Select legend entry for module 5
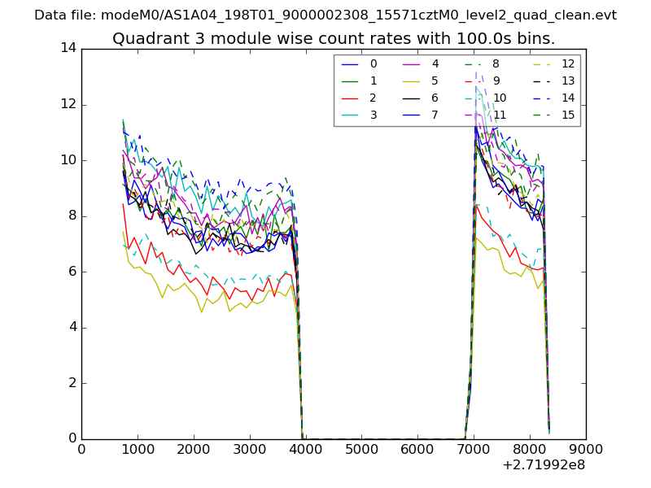tap(435, 81)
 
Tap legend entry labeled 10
tap(500, 98)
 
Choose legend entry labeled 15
tap(567, 115)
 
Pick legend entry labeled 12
tap(567, 63)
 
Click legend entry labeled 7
tap(435, 115)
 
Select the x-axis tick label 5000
tap(362, 448)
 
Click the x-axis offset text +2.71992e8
tap(543, 465)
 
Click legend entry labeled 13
tap(567, 81)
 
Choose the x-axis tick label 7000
tap(474, 448)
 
